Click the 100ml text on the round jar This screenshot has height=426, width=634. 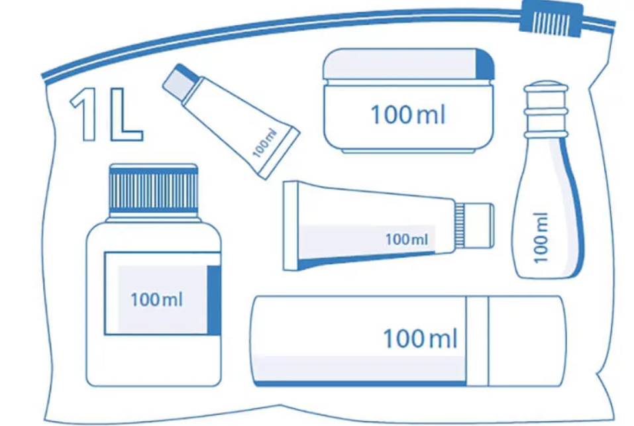pyautogui.click(x=407, y=115)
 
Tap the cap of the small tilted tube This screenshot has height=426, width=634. pyautogui.click(x=179, y=80)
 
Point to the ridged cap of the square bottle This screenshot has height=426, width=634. pyautogui.click(x=154, y=189)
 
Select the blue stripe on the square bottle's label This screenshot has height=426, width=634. pyautogui.click(x=213, y=299)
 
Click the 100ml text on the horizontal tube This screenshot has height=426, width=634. pyautogui.click(x=407, y=239)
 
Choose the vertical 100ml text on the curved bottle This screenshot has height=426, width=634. pyautogui.click(x=541, y=236)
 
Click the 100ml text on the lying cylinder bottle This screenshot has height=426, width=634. pyautogui.click(x=420, y=339)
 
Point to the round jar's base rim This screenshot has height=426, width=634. pyautogui.click(x=407, y=150)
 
